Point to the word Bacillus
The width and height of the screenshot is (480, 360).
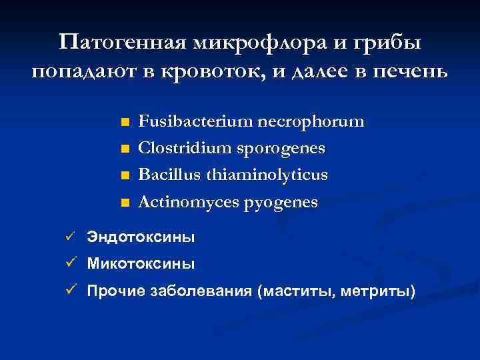(169, 175)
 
